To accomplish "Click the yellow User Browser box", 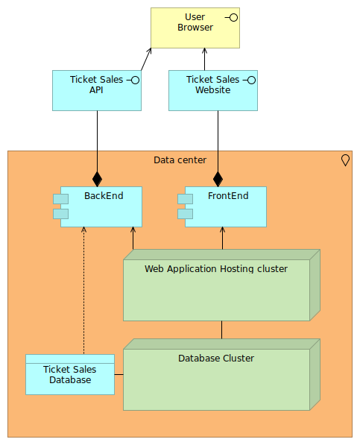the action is pyautogui.click(x=195, y=28).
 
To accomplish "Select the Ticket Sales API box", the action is pyautogui.click(x=97, y=90).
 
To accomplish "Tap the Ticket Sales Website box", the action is pyautogui.click(x=213, y=90).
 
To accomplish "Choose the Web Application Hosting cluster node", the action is pyautogui.click(x=221, y=285).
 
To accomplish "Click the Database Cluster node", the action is pyautogui.click(x=221, y=375).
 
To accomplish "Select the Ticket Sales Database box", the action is pyautogui.click(x=70, y=374).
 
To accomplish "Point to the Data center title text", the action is pyautogui.click(x=180, y=160).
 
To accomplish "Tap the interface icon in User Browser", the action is pyautogui.click(x=232, y=18).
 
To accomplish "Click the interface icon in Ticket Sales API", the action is pyautogui.click(x=133, y=81).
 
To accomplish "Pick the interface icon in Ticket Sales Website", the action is pyautogui.click(x=250, y=81).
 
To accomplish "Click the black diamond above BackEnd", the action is pyautogui.click(x=98, y=179).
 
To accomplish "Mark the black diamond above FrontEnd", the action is pyautogui.click(x=218, y=179).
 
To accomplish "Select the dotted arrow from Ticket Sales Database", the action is pyautogui.click(x=83, y=291).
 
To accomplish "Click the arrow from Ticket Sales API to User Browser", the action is pyautogui.click(x=146, y=59).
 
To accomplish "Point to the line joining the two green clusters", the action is pyautogui.click(x=222, y=329).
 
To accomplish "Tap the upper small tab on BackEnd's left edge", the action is pyautogui.click(x=60, y=199).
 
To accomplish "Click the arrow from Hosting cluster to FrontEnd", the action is pyautogui.click(x=222, y=238).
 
